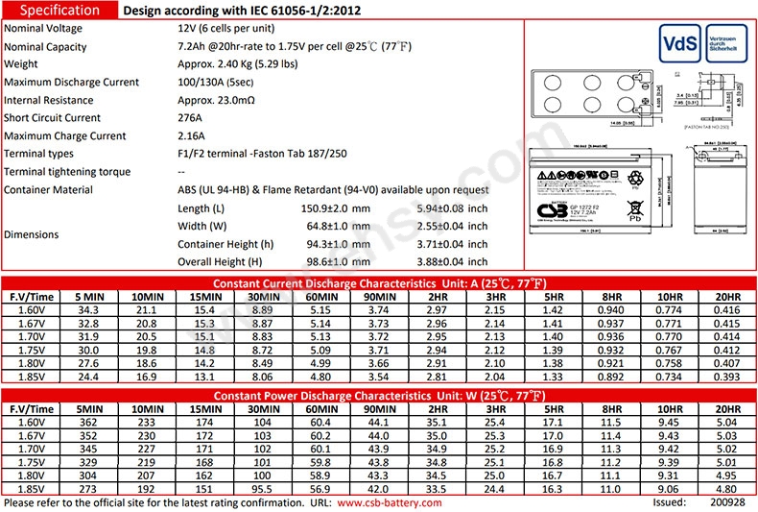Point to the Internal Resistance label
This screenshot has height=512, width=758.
click(x=49, y=100)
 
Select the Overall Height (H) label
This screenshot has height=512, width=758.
click(x=220, y=261)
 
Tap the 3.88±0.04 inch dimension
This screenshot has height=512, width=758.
click(x=450, y=261)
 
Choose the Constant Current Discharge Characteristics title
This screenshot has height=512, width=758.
click(x=378, y=284)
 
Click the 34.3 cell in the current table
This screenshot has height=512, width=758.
click(x=88, y=310)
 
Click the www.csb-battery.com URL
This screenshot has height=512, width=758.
click(x=391, y=502)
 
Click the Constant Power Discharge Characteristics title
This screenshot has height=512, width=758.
click(x=378, y=395)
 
